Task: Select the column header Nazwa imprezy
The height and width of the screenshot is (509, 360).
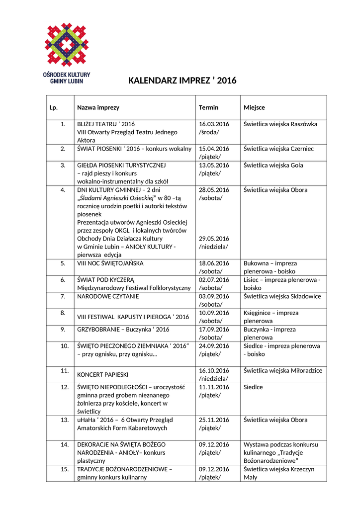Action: click(x=98, y=108)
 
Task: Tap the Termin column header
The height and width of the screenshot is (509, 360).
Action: click(x=208, y=108)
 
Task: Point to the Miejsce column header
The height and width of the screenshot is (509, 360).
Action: click(x=254, y=108)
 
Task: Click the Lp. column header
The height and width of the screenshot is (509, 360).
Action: click(x=54, y=108)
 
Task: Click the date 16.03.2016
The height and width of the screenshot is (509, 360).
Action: click(x=214, y=124)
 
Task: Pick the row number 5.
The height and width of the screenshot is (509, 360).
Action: click(x=63, y=263)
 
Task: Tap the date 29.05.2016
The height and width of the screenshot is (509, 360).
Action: click(x=214, y=239)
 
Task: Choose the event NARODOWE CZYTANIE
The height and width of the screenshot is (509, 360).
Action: click(x=108, y=296)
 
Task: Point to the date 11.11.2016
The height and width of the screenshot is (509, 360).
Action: click(x=214, y=387)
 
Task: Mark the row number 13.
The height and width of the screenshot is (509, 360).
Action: click(x=64, y=420)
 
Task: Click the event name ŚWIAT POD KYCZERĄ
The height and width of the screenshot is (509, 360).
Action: click(x=109, y=280)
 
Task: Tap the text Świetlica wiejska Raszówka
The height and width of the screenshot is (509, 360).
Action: click(x=280, y=124)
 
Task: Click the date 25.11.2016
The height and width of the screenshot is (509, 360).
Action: click(x=214, y=420)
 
